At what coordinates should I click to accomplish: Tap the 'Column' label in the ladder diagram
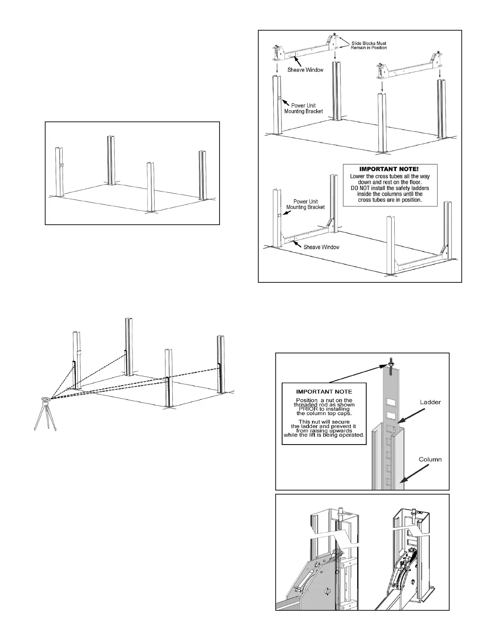click(x=430, y=459)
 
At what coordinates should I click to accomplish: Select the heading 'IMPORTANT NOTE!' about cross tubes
click(x=390, y=169)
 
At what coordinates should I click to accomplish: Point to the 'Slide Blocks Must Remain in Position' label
click(x=369, y=45)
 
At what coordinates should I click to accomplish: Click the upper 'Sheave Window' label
click(x=305, y=70)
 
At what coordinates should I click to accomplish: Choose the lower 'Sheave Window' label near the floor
click(x=321, y=247)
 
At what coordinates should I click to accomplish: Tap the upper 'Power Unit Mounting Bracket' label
click(x=304, y=108)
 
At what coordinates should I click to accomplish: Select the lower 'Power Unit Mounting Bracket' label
click(x=306, y=204)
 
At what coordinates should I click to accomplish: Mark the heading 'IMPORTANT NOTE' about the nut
click(x=324, y=391)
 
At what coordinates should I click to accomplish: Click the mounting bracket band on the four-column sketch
click(x=61, y=165)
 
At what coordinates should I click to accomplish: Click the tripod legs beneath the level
click(x=45, y=418)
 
